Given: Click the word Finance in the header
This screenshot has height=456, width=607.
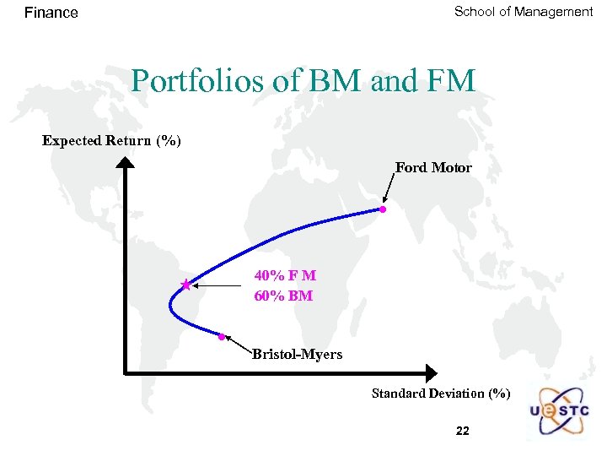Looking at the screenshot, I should tap(51, 13).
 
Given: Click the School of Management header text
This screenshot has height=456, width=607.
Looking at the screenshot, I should tap(524, 12).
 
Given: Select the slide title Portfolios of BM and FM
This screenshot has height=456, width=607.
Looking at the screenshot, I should tap(303, 82).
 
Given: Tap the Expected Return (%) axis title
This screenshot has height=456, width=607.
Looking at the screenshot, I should tap(111, 140).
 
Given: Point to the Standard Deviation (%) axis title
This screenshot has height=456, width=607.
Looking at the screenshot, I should tap(441, 394).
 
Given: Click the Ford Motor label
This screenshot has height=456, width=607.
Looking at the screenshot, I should tap(433, 168).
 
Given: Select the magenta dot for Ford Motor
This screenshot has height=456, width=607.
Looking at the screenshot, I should tap(382, 209).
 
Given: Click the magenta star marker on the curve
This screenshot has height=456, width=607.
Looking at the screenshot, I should tap(185, 285).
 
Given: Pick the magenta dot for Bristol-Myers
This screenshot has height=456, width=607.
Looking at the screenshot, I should tap(221, 337).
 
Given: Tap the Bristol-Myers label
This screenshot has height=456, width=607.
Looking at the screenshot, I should tap(297, 355).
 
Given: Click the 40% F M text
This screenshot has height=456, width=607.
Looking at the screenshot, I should tap(285, 276).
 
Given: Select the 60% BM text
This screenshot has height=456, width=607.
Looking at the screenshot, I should tap(283, 296).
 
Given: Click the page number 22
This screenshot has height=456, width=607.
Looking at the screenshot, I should tap(462, 431).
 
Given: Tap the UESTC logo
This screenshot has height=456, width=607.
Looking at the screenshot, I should tap(559, 412).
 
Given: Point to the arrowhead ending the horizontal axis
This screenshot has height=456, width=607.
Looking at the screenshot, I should tap(431, 372).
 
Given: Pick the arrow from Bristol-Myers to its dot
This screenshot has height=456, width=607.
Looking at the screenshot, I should tap(239, 344).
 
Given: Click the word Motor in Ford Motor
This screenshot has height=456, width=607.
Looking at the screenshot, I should tap(452, 168).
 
